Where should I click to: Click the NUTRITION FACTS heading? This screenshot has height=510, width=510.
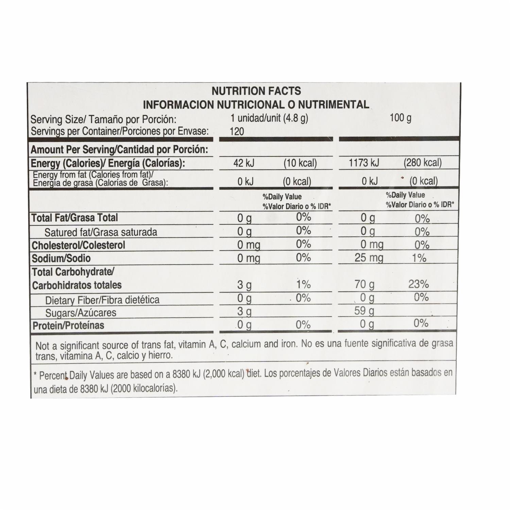pos(256,91)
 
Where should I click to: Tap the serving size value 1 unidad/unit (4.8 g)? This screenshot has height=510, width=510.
pos(269,118)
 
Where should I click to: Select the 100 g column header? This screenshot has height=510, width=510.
pos(400,118)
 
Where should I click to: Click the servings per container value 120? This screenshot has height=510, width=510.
pos(237,131)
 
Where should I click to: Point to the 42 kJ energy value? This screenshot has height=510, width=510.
pos(244,163)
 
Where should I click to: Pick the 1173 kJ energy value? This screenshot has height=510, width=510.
pos(364,163)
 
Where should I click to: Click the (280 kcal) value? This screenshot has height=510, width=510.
pos(422,163)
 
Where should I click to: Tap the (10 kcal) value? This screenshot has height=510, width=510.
pos(300,163)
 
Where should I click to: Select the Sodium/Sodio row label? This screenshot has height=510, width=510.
pos(61,258)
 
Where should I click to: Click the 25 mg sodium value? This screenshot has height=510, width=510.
pos(369,258)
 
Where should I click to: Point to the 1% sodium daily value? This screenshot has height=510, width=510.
pos(419,258)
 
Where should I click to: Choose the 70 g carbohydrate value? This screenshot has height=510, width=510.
pos(364,284)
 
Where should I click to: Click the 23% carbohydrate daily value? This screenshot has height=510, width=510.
pos(418,284)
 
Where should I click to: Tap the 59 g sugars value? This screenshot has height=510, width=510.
pos(364,310)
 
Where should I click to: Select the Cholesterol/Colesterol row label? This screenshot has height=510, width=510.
pos(78,245)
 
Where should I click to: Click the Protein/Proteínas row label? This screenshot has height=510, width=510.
pos(68,325)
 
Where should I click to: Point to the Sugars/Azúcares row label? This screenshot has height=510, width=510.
pos(81,312)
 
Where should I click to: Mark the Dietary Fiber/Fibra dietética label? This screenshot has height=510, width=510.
pos(102,300)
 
